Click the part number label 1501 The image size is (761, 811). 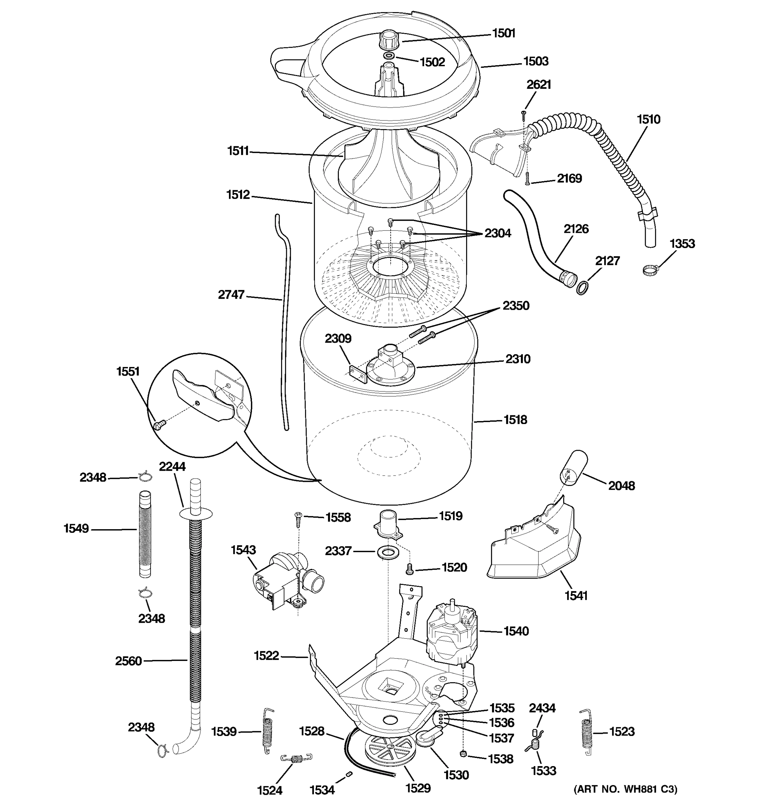pos(504,33)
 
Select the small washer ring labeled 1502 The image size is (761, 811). pos(389,55)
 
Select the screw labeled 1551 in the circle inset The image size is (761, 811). pos(159,425)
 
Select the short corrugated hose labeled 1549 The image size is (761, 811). pos(145,534)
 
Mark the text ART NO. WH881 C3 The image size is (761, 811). pos(625,789)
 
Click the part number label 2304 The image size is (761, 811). pos(498,234)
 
